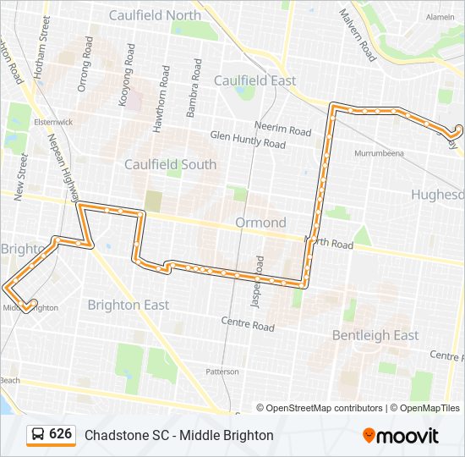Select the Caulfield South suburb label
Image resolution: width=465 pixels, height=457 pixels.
tap(171, 164)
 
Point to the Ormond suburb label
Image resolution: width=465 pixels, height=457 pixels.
tap(261, 223)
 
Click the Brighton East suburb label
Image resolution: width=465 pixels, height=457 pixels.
tap(129, 305)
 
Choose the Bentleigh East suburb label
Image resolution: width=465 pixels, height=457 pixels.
tap(375, 335)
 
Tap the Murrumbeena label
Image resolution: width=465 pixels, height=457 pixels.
tap(380, 153)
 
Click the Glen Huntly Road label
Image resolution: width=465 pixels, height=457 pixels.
tap(248, 140)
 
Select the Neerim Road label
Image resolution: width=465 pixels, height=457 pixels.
tap(283, 130)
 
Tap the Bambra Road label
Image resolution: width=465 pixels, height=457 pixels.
tap(194, 88)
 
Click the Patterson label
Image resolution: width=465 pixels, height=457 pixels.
tap(222, 371)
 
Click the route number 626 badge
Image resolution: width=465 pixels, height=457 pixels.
tap(51, 434)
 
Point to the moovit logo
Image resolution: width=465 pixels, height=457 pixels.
tap(401, 435)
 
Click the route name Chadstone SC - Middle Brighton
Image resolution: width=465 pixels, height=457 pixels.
tap(179, 435)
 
